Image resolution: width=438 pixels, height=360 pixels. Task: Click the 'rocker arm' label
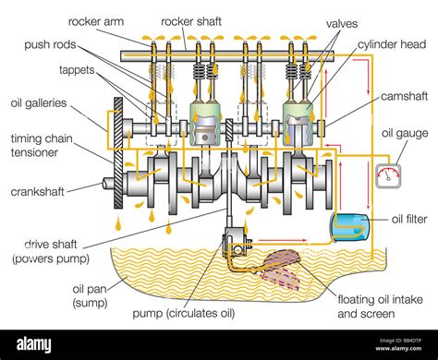pos(98,19)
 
